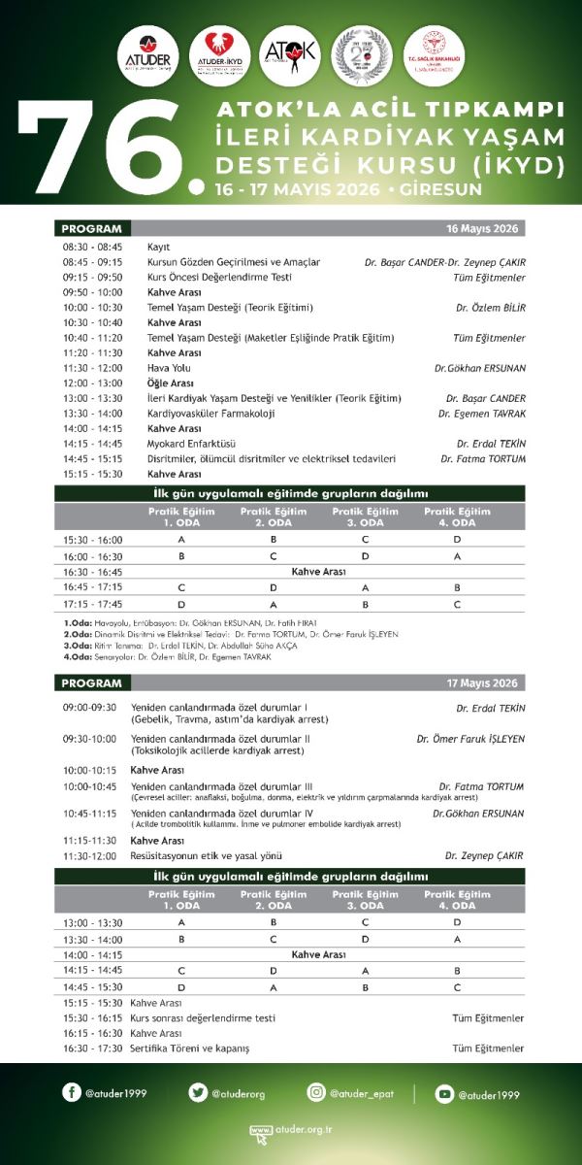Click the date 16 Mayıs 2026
[482, 229]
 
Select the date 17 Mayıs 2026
[482, 683]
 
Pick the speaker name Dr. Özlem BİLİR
[491, 308]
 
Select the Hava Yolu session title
[169, 368]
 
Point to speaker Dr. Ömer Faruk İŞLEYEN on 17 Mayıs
[470, 739]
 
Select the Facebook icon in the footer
[72, 1092]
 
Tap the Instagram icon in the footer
[316, 1092]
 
